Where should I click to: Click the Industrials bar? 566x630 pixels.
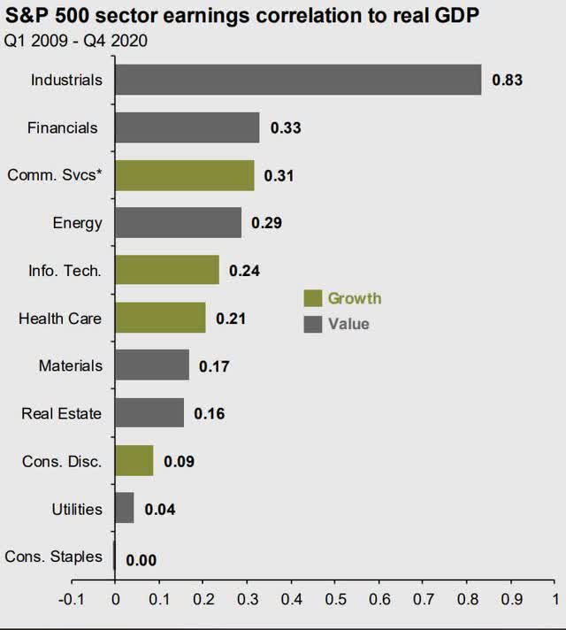298,80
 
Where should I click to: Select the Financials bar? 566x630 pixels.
187,127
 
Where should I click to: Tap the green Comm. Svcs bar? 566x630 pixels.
184,175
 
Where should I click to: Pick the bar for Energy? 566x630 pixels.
178,223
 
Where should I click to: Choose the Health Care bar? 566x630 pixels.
160,318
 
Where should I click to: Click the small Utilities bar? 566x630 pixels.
124,509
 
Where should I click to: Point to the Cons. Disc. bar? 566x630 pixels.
134,461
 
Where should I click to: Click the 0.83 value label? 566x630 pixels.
508,81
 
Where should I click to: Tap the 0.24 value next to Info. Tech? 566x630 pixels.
244,271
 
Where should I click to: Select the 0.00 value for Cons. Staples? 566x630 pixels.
141,558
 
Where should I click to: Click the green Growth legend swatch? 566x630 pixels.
311,299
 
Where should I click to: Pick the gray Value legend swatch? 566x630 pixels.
311,324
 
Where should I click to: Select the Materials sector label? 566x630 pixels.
71,365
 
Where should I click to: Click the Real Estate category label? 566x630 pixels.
63,413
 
